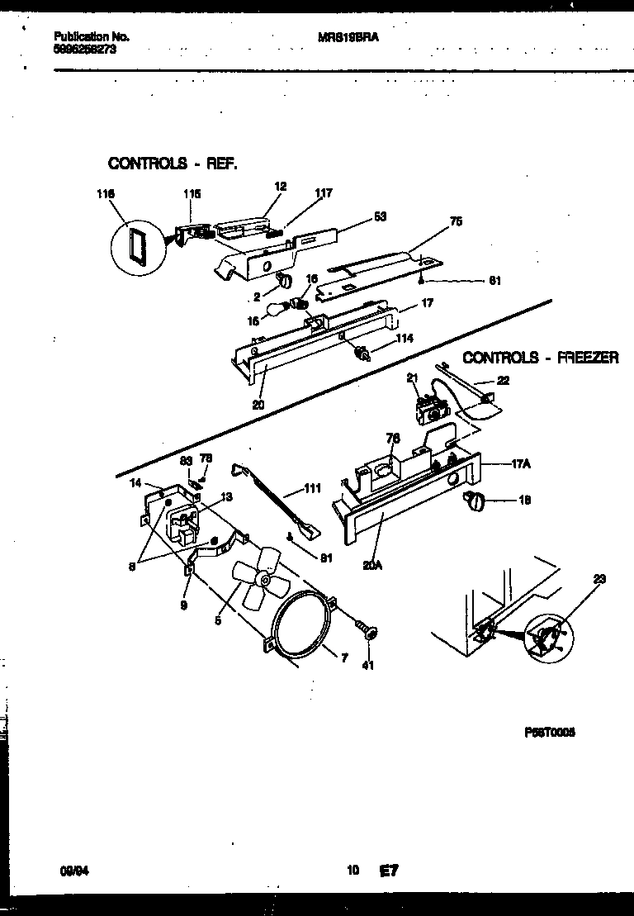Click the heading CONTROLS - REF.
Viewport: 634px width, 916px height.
(x=173, y=164)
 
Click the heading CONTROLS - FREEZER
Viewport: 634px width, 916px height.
(x=541, y=358)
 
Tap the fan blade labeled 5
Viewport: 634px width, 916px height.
(x=255, y=580)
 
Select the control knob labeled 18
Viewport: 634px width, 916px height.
(x=476, y=499)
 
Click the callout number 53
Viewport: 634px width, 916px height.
(x=381, y=217)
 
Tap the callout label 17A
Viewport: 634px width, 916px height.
(x=521, y=465)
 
